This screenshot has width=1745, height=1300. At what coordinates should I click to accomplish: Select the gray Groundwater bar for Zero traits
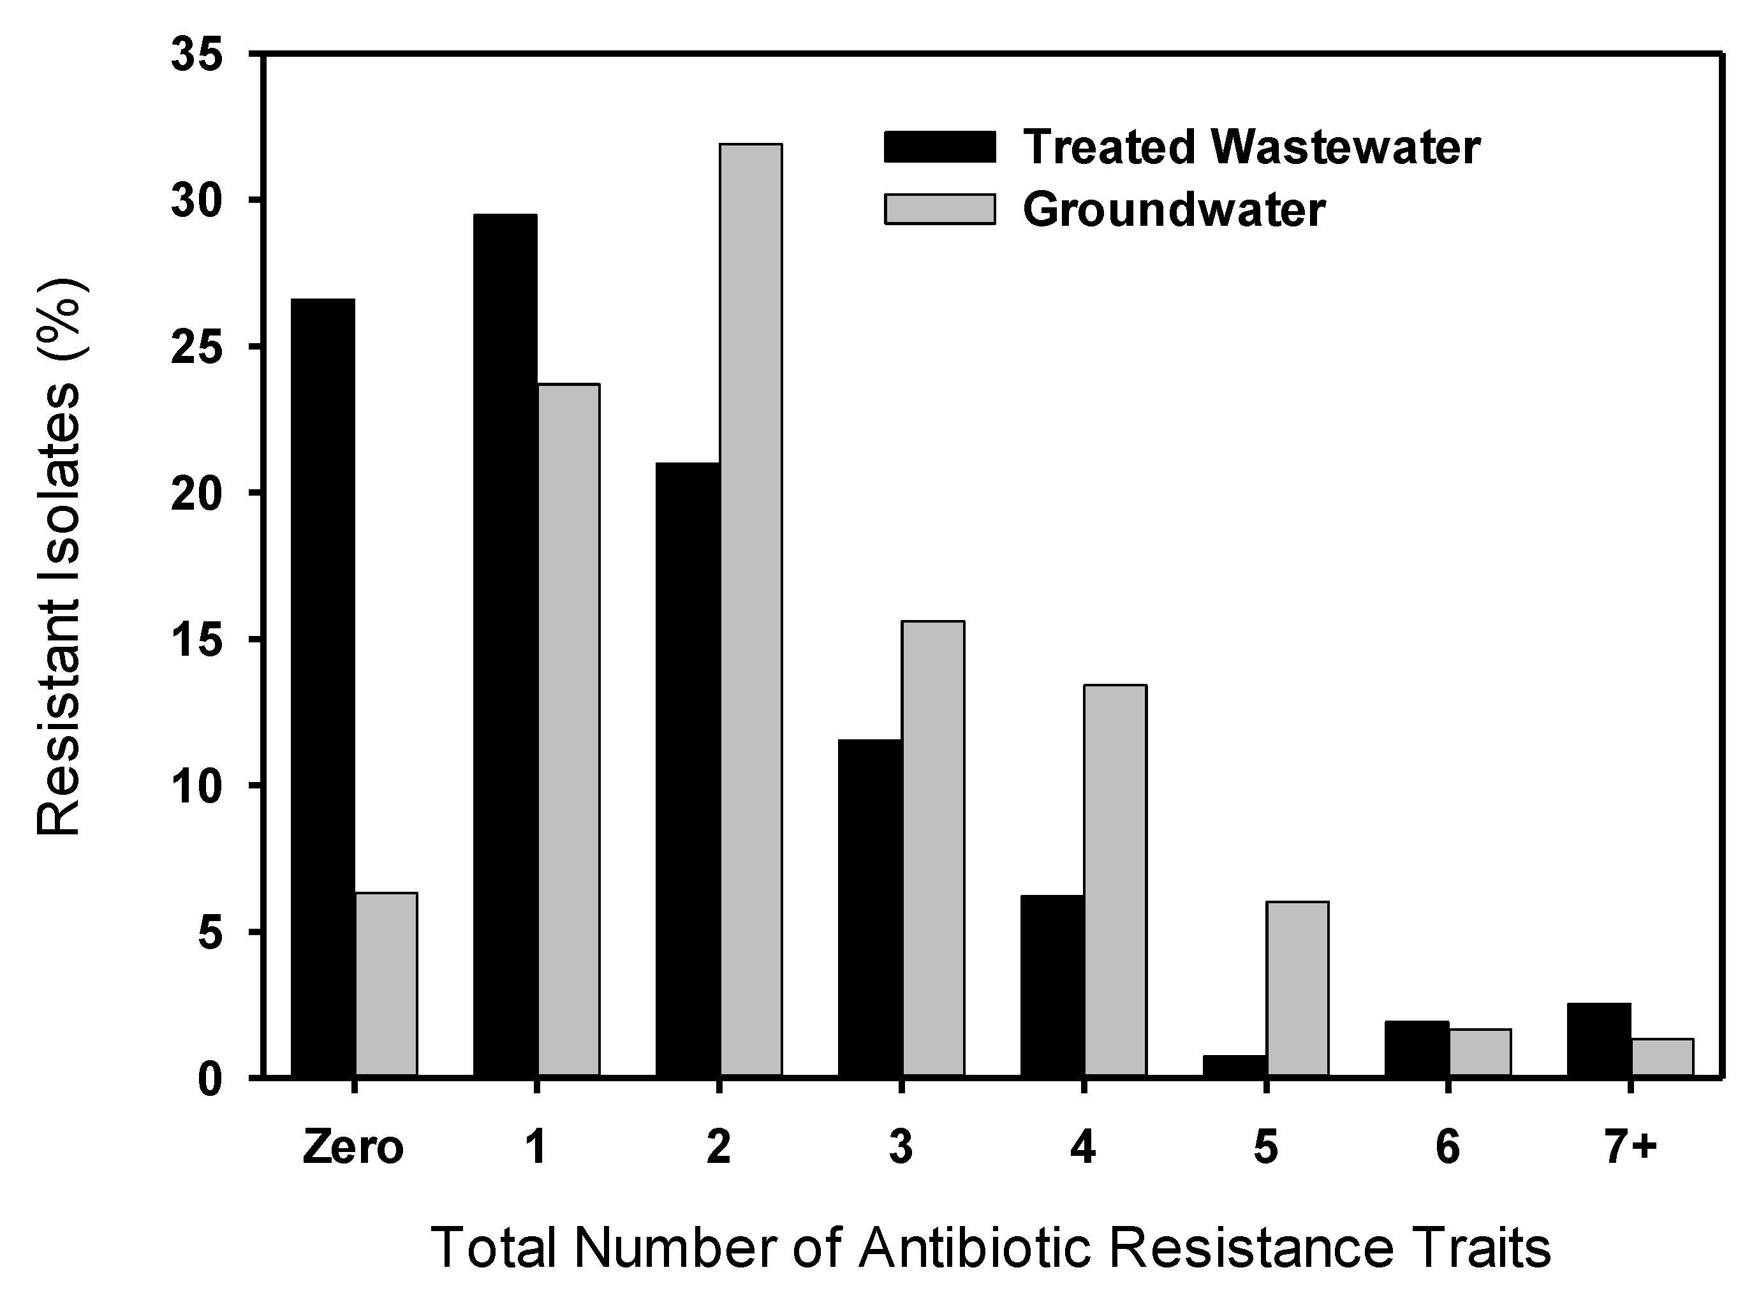tap(387, 983)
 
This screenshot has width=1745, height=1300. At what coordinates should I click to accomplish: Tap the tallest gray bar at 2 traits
tap(751, 609)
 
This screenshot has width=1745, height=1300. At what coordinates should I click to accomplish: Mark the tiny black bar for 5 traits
tap(1234, 1065)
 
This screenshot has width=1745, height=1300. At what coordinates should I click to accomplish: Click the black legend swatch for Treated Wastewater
tap(939, 147)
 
